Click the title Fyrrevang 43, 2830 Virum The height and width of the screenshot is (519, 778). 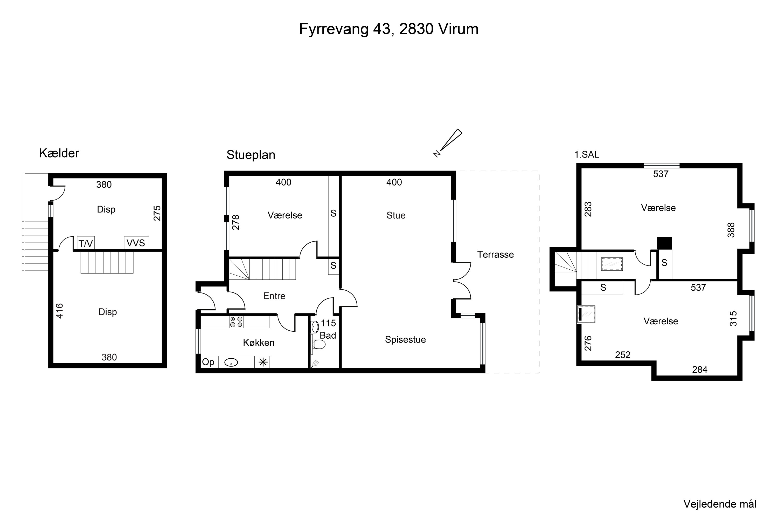pos(389,29)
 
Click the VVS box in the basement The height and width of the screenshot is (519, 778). pos(136,243)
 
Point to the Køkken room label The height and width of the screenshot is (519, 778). pos(259,343)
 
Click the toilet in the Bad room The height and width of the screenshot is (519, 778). pos(319,345)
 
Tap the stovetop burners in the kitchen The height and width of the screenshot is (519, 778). pos(236,322)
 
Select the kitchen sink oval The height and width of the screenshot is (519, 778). pos(231,363)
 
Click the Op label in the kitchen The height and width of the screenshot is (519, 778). pos(208,362)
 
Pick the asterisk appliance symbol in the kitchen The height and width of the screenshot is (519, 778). pos(263,363)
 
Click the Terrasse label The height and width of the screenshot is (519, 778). pos(495,255)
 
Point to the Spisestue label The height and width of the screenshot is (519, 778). pos(405,340)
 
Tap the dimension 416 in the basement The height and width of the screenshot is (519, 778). pos(60,311)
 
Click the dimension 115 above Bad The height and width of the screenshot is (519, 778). pos(328,323)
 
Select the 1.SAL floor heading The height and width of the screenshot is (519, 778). pos(586,155)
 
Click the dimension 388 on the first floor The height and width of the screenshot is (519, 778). pos(731,230)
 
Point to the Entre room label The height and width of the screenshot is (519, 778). pos(274,296)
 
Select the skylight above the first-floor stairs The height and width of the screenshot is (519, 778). pos(612,264)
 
